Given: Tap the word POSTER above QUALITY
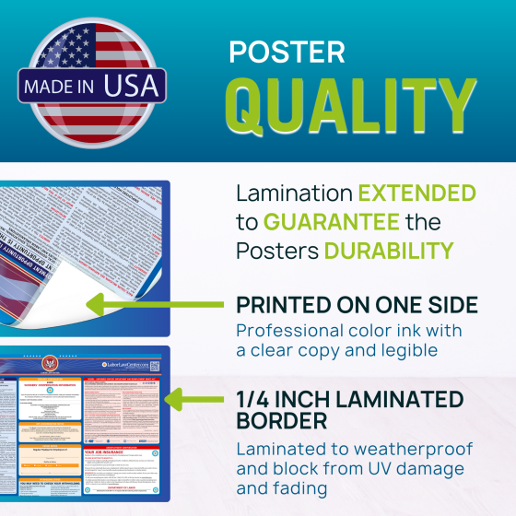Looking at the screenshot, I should pos(287,52).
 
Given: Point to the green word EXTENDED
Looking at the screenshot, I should pos(416,193).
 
